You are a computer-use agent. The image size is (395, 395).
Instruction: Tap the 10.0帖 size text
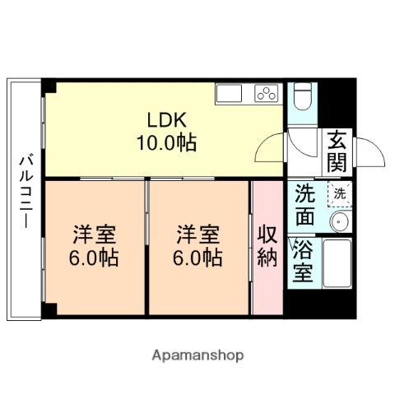[165, 143]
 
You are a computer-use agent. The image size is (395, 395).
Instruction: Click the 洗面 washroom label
[305, 206]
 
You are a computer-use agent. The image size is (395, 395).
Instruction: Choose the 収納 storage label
[267, 246]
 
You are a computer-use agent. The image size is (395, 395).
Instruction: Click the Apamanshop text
[197, 355]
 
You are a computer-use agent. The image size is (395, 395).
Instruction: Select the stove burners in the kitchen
[266, 93]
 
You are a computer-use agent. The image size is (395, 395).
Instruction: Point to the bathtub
[337, 263]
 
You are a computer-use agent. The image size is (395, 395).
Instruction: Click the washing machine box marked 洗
[337, 194]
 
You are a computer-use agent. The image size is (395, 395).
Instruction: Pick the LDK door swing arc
[268, 149]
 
